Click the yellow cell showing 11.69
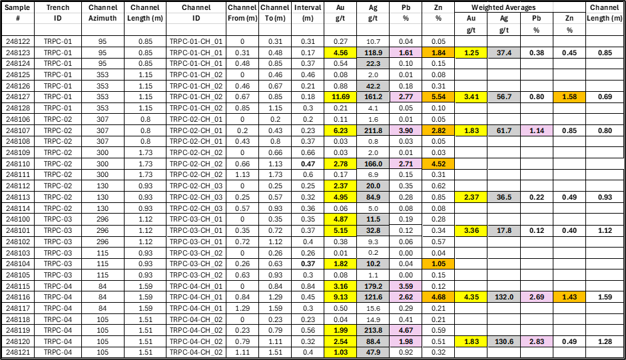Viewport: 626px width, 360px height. click(x=340, y=97)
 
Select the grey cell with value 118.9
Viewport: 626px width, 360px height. click(x=373, y=53)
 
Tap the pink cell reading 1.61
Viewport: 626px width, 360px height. click(x=406, y=53)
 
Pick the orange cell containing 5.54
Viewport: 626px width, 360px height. click(x=438, y=97)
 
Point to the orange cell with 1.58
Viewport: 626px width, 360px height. click(x=569, y=97)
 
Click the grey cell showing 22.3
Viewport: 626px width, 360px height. click(x=373, y=64)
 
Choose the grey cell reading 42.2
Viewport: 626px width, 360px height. click(x=373, y=86)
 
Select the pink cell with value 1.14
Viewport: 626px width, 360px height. click(x=537, y=130)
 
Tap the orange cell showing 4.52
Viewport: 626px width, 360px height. click(x=438, y=164)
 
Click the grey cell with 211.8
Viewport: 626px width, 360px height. click(x=373, y=130)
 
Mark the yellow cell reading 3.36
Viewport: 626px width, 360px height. click(x=471, y=231)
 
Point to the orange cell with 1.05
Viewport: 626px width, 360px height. click(x=438, y=264)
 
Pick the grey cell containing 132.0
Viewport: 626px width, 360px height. click(x=504, y=297)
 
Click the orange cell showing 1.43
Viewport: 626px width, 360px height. click(x=569, y=297)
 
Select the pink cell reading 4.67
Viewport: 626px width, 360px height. click(x=406, y=331)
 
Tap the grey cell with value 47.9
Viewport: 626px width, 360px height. click(x=373, y=353)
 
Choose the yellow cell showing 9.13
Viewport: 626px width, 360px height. click(x=340, y=297)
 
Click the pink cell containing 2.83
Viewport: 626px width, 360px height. click(x=537, y=342)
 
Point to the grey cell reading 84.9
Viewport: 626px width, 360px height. click(x=373, y=197)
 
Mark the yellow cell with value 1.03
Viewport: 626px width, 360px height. click(x=340, y=353)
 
